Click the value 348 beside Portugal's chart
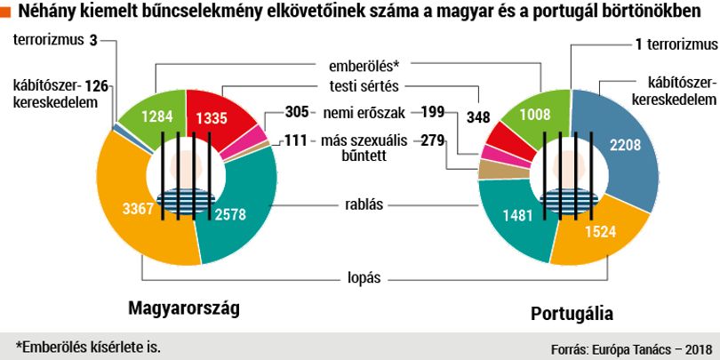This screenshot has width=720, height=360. [x=478, y=117]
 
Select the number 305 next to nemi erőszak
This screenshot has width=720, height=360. [x=297, y=111]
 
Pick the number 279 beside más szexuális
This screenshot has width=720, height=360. [x=433, y=140]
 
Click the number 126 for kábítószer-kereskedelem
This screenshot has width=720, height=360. [x=97, y=86]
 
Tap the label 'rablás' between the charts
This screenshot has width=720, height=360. [x=364, y=204]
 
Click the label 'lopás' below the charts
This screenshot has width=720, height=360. [x=364, y=278]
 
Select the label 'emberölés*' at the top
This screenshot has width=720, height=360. [x=364, y=66]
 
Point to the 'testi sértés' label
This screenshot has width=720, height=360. [x=364, y=86]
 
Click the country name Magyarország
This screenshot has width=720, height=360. [x=184, y=308]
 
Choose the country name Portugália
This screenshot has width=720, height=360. [x=572, y=314]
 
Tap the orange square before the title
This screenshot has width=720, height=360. [x=5, y=12]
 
